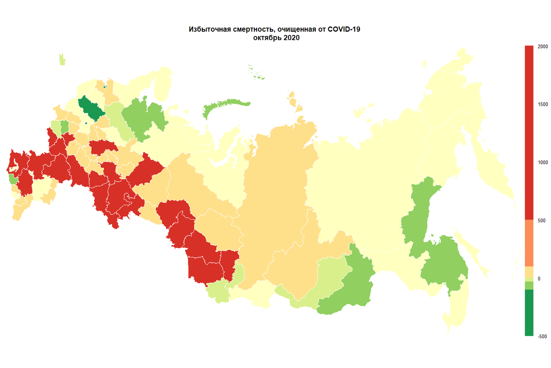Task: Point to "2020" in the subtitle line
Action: click(x=291, y=38)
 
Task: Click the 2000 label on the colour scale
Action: click(x=542, y=46)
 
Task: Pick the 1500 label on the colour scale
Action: click(x=542, y=104)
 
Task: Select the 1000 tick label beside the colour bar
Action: click(x=542, y=162)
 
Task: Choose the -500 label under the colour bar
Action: click(x=543, y=336)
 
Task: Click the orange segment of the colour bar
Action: click(x=529, y=243)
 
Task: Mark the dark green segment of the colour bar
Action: click(x=529, y=313)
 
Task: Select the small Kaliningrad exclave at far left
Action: click(x=62, y=60)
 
